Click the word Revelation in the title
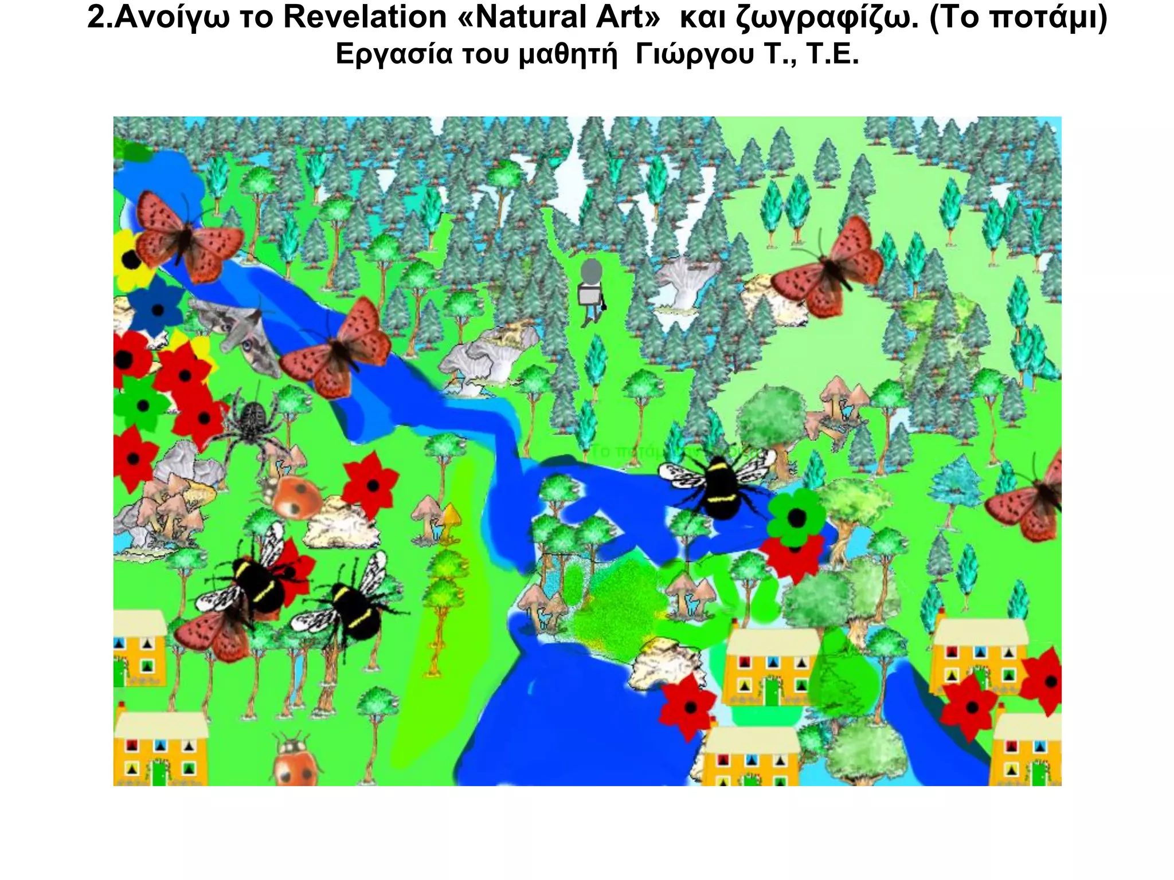coord(365,17)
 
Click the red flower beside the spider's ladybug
coord(371,485)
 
